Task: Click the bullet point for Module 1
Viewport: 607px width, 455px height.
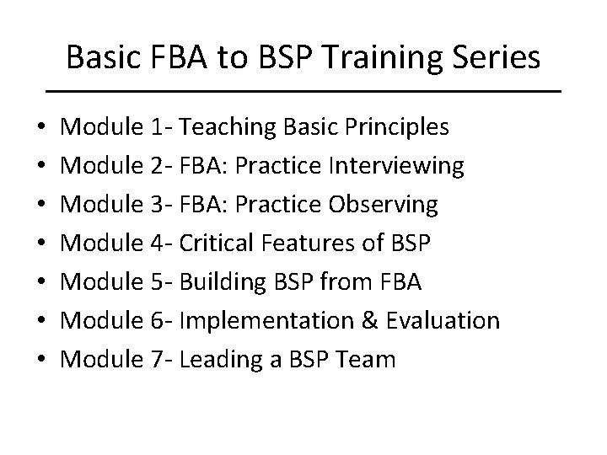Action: (x=42, y=128)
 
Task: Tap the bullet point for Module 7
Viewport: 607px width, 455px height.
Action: (x=42, y=360)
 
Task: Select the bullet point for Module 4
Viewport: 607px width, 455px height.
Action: (x=42, y=244)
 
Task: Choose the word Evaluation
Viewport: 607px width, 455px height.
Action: (x=438, y=321)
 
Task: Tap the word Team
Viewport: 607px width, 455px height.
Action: (x=363, y=360)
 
